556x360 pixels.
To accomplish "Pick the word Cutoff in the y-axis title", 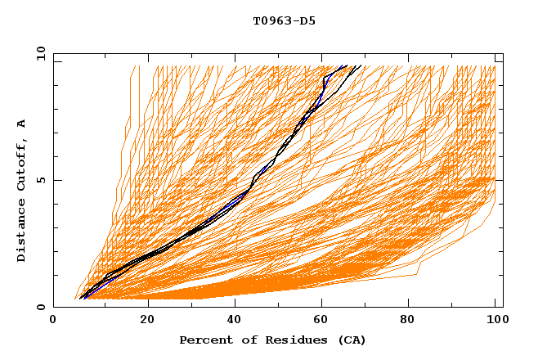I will click(x=21, y=164).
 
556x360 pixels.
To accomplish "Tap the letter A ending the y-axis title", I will click(x=21, y=124).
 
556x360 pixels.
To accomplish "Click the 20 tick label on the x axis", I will click(x=146, y=320).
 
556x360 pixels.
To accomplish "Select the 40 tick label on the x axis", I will click(x=234, y=320).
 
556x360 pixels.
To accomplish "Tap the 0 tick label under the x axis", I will click(x=54, y=320).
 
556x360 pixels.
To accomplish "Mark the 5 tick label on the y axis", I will click(x=41, y=180).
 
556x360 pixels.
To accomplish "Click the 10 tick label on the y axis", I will click(x=39, y=53).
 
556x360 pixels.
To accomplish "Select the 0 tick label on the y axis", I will click(x=41, y=307).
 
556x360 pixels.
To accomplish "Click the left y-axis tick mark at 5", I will click(x=56, y=180).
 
